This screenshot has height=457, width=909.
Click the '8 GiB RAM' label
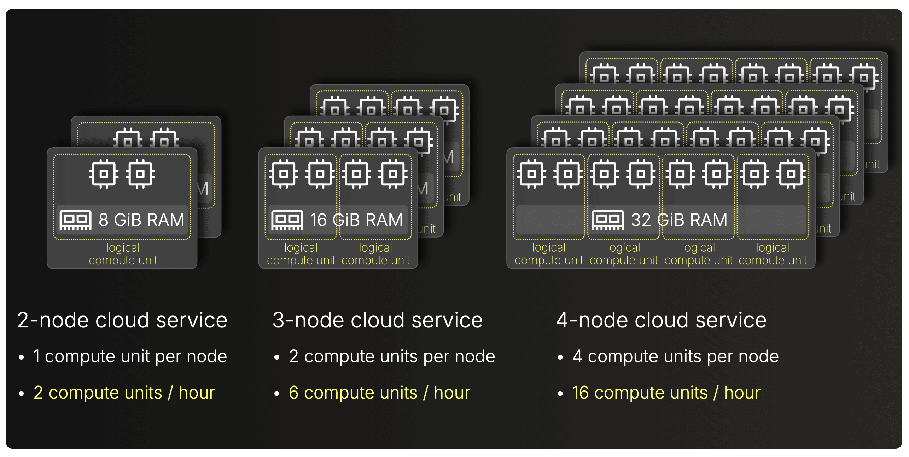pos(141,220)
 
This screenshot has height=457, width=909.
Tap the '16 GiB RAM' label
pos(356,220)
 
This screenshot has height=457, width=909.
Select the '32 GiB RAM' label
pos(679,220)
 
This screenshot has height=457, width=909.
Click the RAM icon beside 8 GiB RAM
pos(75,220)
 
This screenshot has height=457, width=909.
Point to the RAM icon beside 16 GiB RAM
pos(287,220)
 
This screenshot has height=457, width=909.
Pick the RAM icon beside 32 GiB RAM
pos(608,220)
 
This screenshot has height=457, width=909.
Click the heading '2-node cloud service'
pos(122,320)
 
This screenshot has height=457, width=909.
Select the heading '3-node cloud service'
pos(378,320)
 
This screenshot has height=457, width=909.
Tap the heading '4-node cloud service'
pos(661,320)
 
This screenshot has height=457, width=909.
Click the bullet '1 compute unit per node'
pos(130,356)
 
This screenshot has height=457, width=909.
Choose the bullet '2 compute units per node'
pos(392,356)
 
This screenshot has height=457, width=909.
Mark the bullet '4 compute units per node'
pos(675,356)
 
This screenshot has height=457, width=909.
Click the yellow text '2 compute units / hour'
pos(124,393)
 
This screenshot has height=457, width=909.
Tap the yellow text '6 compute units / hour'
pos(379,393)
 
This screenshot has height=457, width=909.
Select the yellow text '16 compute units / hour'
pos(666,393)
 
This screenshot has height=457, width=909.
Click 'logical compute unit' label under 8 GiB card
pos(123,254)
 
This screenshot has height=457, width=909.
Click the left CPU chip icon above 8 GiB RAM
pos(103,174)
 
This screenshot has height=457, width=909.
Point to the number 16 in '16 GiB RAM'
pos(318,220)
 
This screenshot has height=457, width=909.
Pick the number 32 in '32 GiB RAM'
pos(641,220)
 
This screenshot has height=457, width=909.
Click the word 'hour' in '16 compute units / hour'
pos(742,393)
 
